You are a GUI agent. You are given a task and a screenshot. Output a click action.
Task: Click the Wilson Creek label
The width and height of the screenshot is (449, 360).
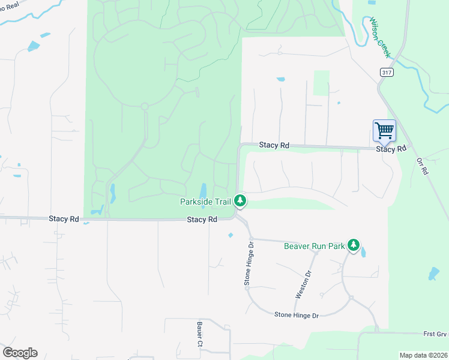tap(381, 37)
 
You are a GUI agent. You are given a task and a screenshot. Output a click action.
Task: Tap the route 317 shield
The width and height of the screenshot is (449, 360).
tap(386, 72)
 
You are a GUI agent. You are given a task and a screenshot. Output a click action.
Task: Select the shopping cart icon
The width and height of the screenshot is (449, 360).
tap(384, 130)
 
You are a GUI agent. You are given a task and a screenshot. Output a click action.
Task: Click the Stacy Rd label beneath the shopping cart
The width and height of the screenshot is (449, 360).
tap(391, 149)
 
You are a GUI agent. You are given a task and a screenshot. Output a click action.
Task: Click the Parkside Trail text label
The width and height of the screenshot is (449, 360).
tap(205, 202)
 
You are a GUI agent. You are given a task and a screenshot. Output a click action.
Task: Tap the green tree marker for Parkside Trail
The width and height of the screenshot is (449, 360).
tap(240, 200)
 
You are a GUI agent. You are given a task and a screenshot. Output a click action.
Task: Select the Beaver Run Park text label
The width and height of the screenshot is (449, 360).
tap(314, 246)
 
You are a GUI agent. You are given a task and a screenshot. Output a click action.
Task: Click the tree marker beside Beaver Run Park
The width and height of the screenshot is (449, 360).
tap(354, 245)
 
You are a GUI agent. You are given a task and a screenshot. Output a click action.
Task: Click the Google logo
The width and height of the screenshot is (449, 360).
tap(20, 353)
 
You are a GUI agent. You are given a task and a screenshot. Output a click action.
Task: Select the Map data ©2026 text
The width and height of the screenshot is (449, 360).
tap(423, 355)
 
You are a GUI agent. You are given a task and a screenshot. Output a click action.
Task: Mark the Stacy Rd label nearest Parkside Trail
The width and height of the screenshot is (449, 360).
tap(202, 220)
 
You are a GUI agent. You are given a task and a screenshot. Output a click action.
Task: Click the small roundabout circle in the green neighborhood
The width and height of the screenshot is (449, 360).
tap(145, 106)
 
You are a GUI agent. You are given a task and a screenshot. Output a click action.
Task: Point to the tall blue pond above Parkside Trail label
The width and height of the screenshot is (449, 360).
tap(203, 190)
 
